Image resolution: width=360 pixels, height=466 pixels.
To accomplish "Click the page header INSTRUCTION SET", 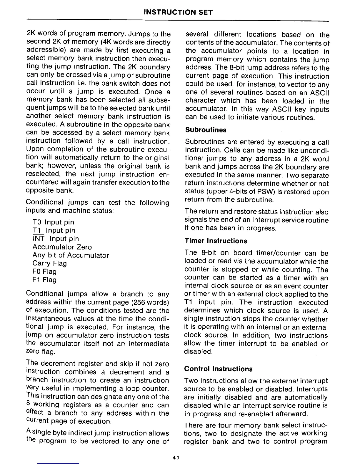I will [178, 12].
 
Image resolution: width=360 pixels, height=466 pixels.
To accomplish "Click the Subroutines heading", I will [206, 130].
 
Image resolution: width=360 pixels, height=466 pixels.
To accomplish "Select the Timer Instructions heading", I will [216, 241].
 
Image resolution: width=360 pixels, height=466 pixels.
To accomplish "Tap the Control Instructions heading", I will [218, 369].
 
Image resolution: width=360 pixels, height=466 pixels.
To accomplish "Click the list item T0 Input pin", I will [53, 222].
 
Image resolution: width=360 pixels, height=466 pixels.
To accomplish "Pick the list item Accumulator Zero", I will [62, 247].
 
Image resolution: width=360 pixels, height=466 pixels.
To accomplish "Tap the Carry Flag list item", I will [50, 263].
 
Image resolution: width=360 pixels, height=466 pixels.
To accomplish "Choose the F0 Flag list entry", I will [45, 272].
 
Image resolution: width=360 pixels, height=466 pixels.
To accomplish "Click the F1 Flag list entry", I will [45, 280].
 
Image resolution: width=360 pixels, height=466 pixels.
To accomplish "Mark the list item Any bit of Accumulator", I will [71, 255].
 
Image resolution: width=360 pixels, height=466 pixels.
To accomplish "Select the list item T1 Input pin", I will [54, 230].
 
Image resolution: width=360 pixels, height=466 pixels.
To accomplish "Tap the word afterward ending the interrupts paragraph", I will [293, 414].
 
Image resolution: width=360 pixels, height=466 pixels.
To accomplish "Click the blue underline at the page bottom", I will [58, 463].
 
